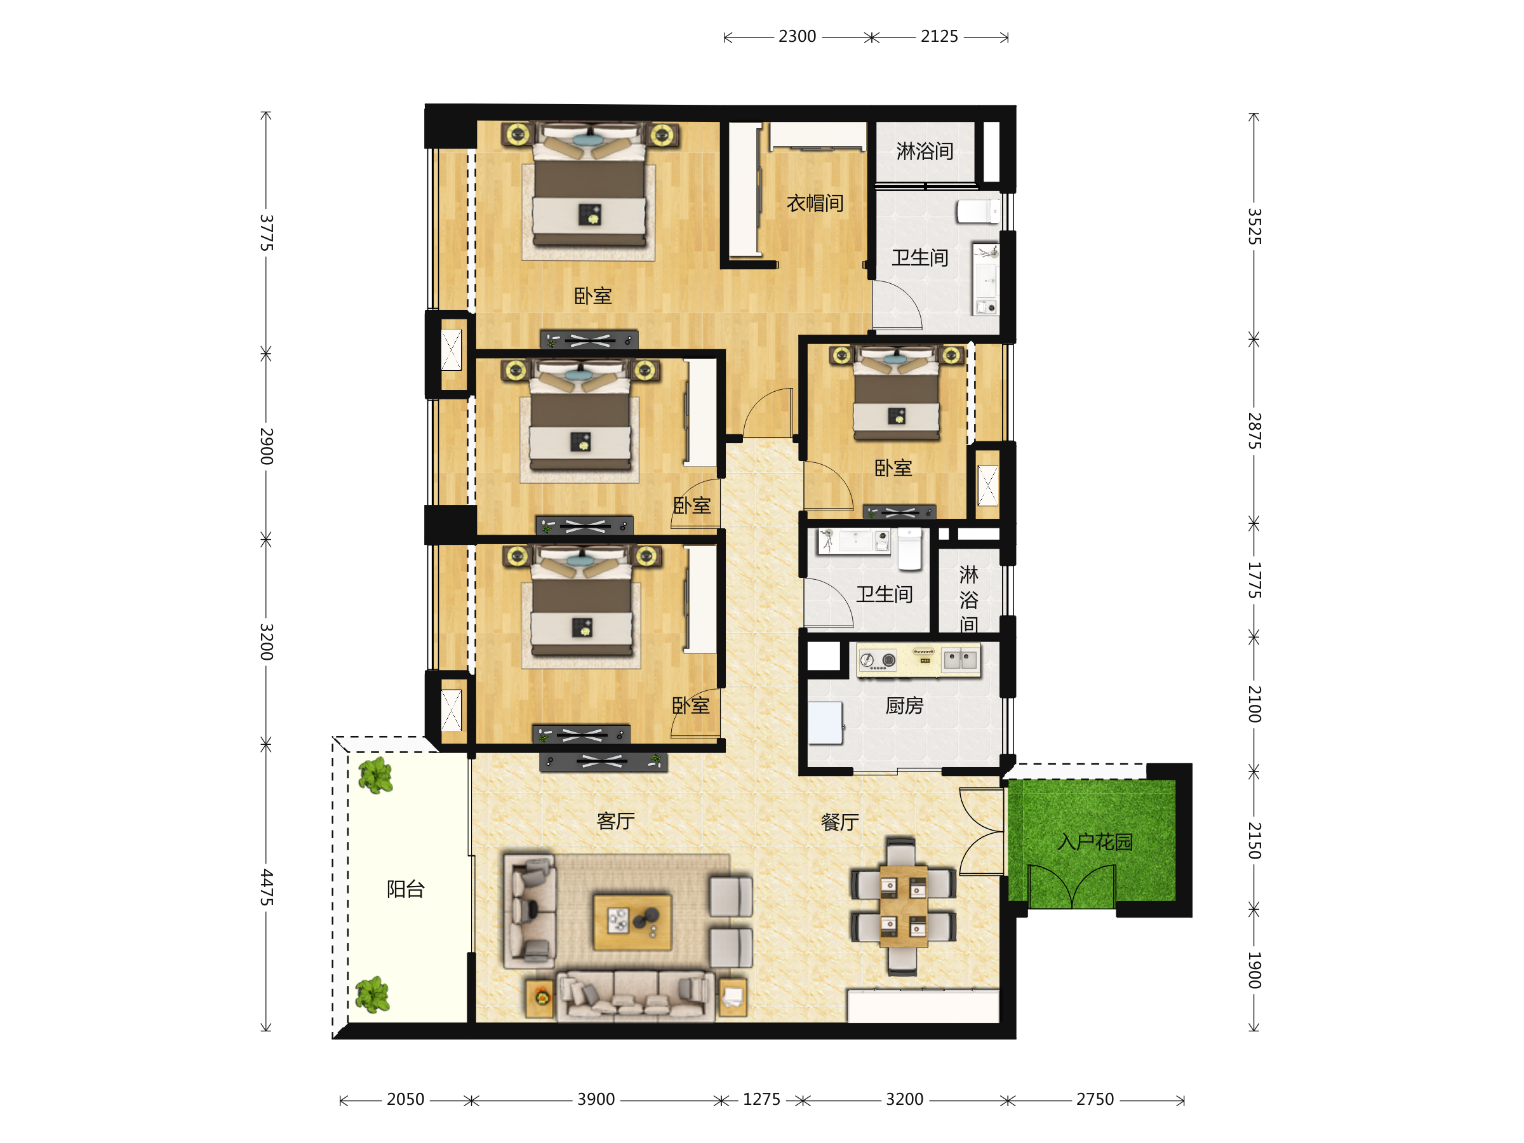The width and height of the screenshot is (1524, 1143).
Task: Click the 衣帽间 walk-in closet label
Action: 815,203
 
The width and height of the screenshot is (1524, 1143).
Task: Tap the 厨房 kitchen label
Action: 904,705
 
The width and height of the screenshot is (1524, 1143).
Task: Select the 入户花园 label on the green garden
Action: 1095,842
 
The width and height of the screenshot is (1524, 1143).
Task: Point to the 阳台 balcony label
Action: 405,889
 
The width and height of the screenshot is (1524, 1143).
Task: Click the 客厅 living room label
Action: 615,820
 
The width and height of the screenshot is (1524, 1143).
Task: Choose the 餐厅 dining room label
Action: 840,822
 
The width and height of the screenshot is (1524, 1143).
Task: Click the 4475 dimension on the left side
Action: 267,887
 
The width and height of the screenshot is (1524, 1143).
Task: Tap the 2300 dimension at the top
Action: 797,37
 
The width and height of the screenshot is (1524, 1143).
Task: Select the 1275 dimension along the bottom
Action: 761,1100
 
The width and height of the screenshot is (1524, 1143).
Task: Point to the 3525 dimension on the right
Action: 1254,227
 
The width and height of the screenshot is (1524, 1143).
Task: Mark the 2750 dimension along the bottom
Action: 1095,1100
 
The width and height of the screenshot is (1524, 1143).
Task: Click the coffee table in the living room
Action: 632,922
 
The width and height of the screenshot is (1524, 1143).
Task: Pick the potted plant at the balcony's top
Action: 375,776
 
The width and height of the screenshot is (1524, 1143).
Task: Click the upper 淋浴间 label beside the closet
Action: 925,151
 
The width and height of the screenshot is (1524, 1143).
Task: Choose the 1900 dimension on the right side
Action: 1254,970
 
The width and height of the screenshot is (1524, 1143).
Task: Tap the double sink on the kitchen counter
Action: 960,660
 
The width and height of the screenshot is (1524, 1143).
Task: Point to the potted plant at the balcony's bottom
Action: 373,994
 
